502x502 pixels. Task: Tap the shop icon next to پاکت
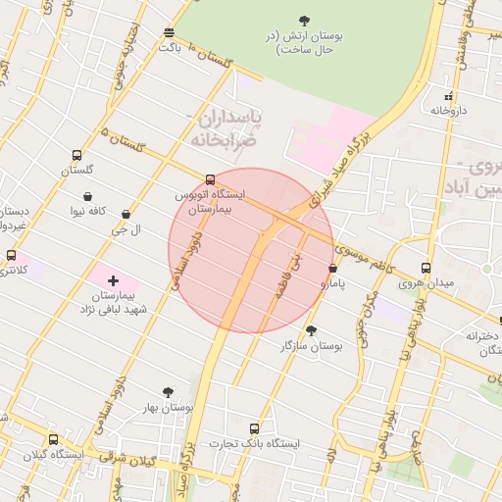(170, 31)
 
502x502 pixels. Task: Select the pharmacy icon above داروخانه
(448, 96)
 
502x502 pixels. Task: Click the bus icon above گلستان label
(76, 155)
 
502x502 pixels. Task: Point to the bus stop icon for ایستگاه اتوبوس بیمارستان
(210, 179)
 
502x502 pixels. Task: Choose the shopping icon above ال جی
(125, 215)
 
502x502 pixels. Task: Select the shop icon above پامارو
(333, 268)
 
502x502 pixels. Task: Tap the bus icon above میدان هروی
(426, 268)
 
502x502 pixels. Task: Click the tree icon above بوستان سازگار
(311, 330)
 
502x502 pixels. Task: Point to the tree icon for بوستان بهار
(168, 392)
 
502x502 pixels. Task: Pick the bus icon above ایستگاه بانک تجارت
(255, 428)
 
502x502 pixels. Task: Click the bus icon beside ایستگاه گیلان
(52, 440)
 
